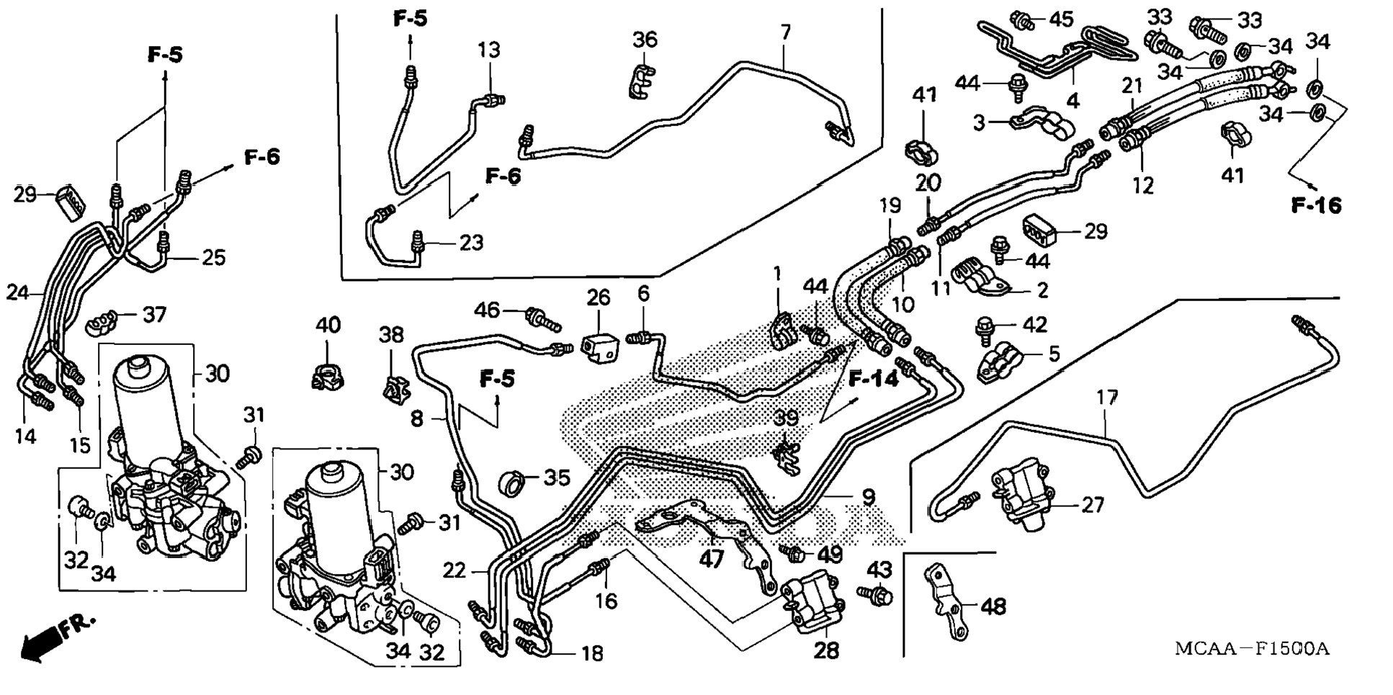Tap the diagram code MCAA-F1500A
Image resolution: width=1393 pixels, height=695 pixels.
pos(1252,648)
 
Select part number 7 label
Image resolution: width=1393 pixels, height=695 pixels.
pos(786,32)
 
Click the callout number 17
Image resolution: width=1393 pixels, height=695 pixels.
pos(1107,398)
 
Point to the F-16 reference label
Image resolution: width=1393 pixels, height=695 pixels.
pos(1316,206)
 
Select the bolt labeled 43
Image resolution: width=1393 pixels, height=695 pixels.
pos(876,595)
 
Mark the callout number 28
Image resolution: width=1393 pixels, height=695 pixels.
pos(826,650)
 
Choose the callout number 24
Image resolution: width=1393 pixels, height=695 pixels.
pos(18,292)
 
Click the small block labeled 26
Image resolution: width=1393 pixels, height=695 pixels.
pos(598,347)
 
